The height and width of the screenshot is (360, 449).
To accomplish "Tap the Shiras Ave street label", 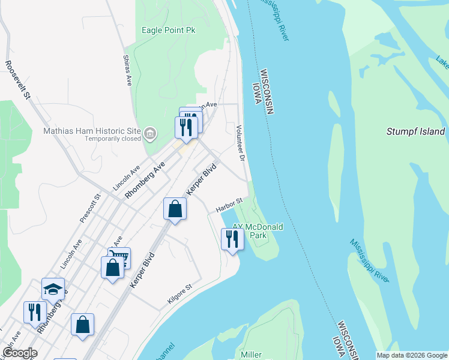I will point(127,71).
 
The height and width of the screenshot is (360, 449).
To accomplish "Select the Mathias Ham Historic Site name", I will point(92,131).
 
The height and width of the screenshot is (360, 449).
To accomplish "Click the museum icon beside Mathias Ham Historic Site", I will point(150,133).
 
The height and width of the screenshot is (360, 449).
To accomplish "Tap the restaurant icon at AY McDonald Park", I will point(232,238).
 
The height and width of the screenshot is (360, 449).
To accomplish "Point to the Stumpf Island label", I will point(415,131).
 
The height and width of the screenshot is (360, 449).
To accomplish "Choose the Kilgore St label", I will point(179,292).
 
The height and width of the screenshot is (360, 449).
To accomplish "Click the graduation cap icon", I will point(53,288).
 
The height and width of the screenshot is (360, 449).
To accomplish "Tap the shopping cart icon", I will point(120,257).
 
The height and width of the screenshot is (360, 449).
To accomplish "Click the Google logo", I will point(20,353).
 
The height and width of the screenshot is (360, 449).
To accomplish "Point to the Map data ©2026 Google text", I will point(411,355).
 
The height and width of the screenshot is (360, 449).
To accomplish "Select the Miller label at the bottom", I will point(251,355).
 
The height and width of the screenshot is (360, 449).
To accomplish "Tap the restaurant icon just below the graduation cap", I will point(35,311).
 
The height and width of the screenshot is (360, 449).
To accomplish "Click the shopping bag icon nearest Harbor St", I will point(175,208).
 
